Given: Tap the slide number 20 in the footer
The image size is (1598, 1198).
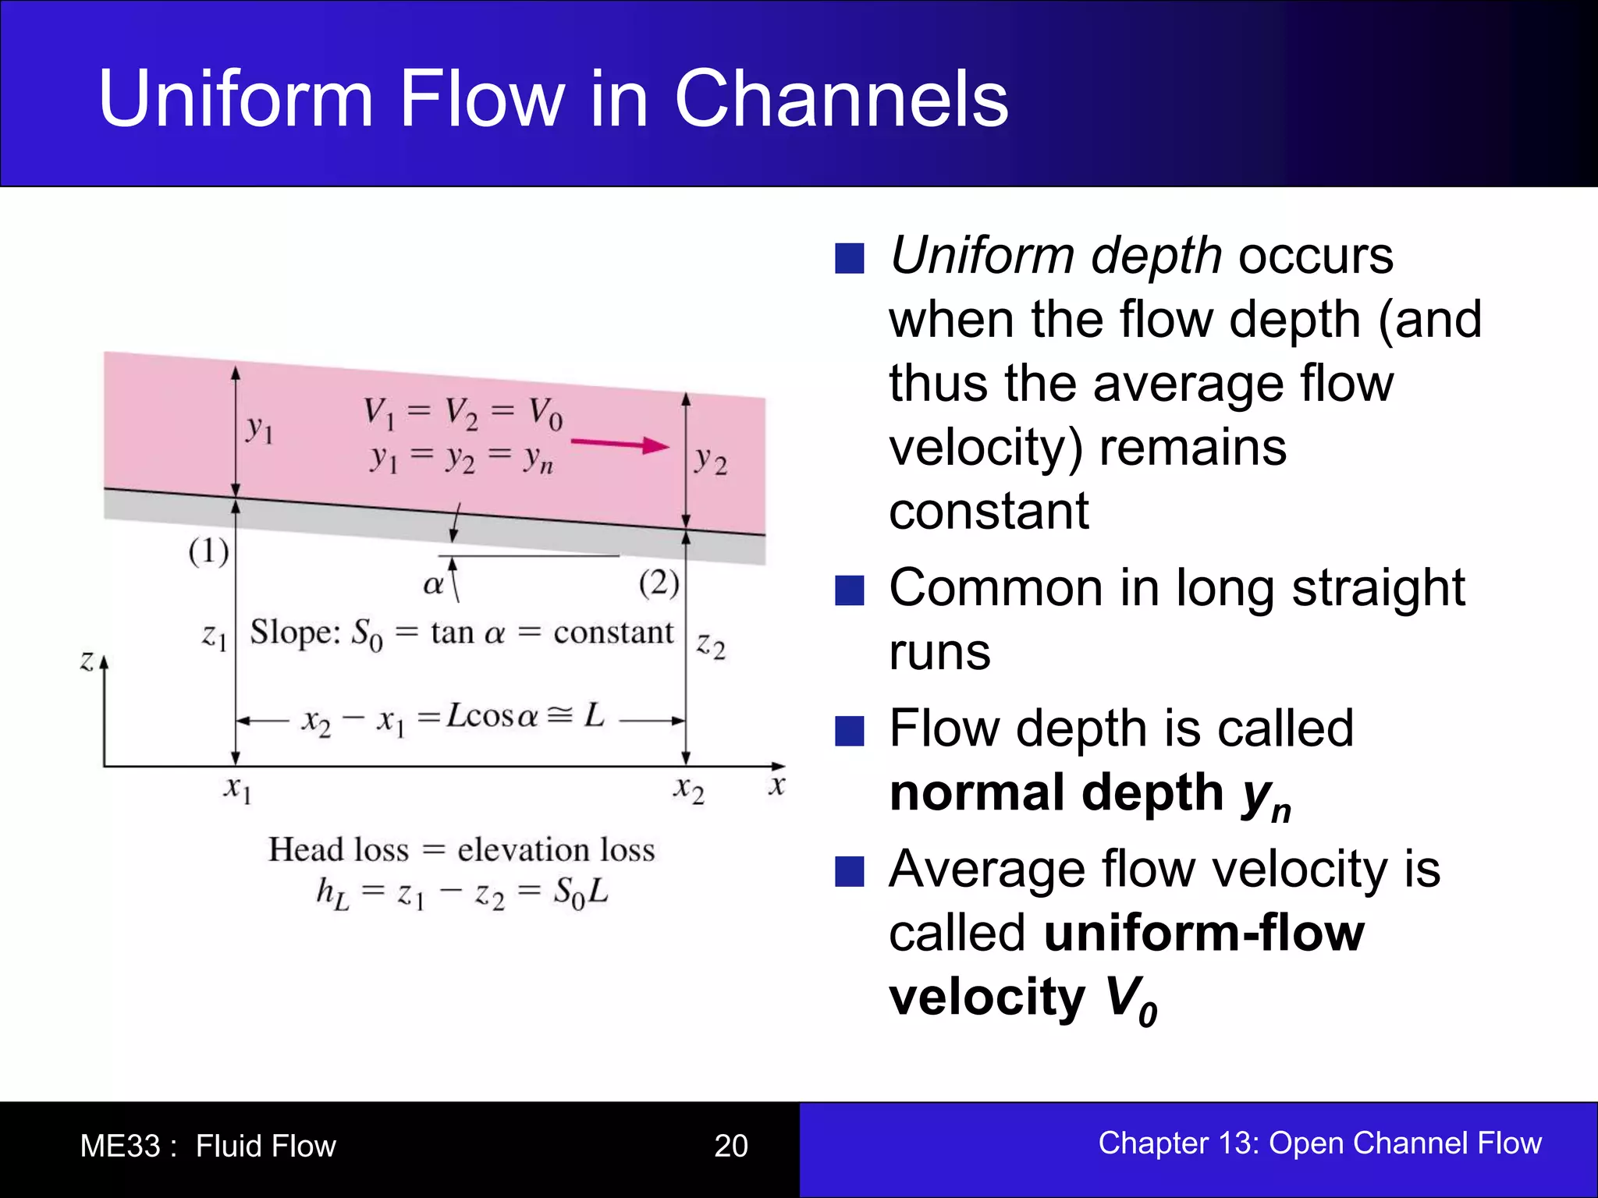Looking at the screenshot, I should [x=730, y=1146].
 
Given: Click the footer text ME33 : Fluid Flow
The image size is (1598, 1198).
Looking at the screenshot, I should [x=208, y=1146].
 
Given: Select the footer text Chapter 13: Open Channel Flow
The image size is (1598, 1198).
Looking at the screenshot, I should [x=1319, y=1143].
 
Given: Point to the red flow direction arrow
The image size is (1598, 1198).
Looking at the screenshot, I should [x=620, y=445].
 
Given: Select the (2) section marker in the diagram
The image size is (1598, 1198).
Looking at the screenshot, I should [x=659, y=583].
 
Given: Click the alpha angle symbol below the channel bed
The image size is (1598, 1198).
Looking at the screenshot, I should [x=432, y=584].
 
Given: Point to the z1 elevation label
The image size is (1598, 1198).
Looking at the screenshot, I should [x=214, y=636].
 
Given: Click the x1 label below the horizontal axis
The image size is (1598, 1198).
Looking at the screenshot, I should [x=237, y=789].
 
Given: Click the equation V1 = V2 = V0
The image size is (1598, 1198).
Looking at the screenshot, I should [x=462, y=413].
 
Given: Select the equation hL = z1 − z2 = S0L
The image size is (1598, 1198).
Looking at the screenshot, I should [x=462, y=893].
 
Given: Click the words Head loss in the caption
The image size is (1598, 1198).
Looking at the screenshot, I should [x=338, y=849].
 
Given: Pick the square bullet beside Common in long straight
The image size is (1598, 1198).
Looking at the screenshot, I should [x=849, y=590].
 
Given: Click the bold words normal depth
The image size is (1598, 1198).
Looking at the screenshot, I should [x=1056, y=792].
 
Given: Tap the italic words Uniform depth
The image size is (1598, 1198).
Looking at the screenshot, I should [x=1055, y=256].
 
